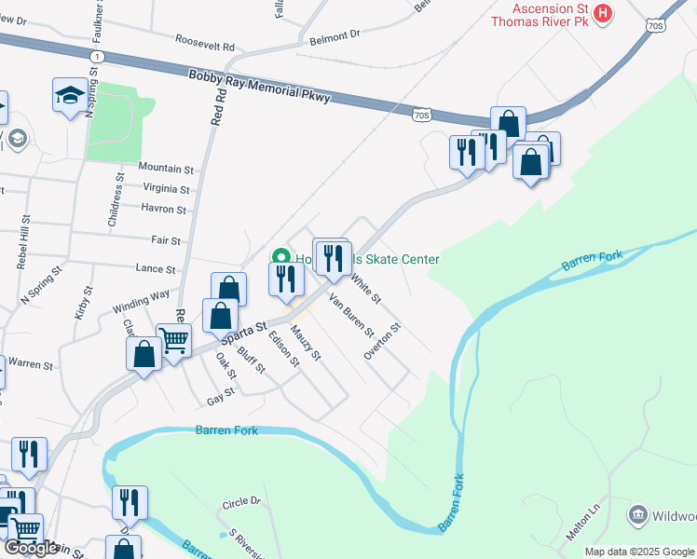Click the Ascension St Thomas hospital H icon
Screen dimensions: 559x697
(x=603, y=13)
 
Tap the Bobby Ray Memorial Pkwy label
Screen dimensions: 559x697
(x=258, y=89)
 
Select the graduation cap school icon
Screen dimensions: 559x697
(x=70, y=95)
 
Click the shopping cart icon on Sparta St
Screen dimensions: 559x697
(x=173, y=342)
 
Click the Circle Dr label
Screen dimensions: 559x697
(x=242, y=503)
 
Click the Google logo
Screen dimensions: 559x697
(x=31, y=548)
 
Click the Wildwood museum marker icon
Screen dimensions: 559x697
(x=638, y=514)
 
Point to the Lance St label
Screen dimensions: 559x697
(x=156, y=269)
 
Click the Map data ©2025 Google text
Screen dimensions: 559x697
(x=639, y=552)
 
